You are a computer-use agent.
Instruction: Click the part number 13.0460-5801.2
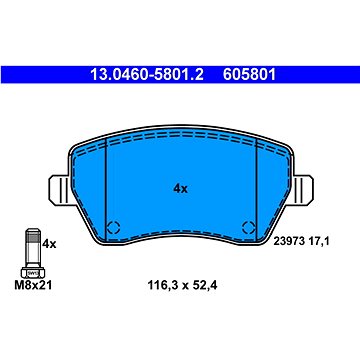click(147, 75)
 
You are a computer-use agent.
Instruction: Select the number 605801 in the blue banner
click(249, 75)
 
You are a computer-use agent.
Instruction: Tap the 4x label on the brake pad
click(180, 189)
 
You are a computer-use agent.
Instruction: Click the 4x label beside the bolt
click(49, 244)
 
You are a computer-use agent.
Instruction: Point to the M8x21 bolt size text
click(33, 285)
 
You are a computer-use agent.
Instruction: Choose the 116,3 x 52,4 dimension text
click(182, 285)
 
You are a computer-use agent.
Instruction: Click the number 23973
click(289, 241)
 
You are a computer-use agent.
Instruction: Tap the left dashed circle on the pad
click(113, 228)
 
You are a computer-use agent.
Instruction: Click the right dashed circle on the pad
click(249, 228)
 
